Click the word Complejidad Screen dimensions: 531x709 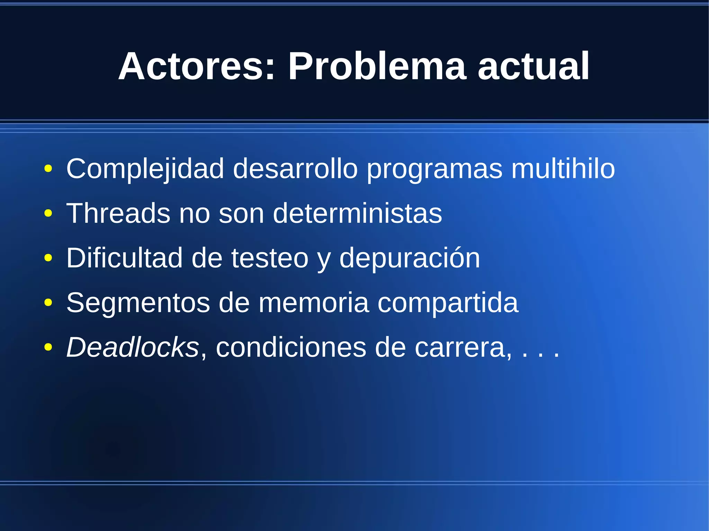pyautogui.click(x=145, y=169)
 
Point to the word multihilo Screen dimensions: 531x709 pyautogui.click(x=563, y=169)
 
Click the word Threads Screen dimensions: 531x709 pyautogui.click(x=118, y=213)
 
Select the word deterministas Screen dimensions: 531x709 pyautogui.click(x=357, y=213)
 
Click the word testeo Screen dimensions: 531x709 pyautogui.click(x=270, y=258)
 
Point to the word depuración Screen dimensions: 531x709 pyautogui.click(x=410, y=258)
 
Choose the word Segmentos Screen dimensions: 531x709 pyautogui.click(x=138, y=303)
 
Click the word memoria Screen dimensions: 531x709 pyautogui.click(x=314, y=303)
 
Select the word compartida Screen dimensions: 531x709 pyautogui.click(x=448, y=303)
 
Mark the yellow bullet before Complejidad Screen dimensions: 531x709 pyautogui.click(x=48, y=169)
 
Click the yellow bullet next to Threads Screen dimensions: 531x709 pyautogui.click(x=48, y=213)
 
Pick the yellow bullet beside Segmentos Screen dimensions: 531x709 pyautogui.click(x=48, y=303)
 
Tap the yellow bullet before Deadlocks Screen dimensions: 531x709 pyautogui.click(x=48, y=347)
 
